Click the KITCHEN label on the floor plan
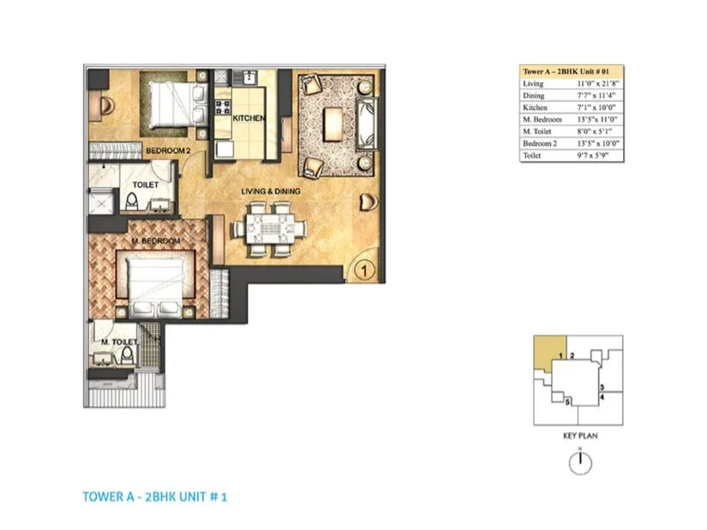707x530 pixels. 249,117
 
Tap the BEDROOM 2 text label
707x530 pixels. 167,151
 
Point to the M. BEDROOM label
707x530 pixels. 155,242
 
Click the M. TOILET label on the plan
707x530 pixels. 116,342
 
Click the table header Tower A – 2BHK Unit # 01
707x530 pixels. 572,72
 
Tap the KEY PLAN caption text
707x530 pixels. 580,436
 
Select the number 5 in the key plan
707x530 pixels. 567,401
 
